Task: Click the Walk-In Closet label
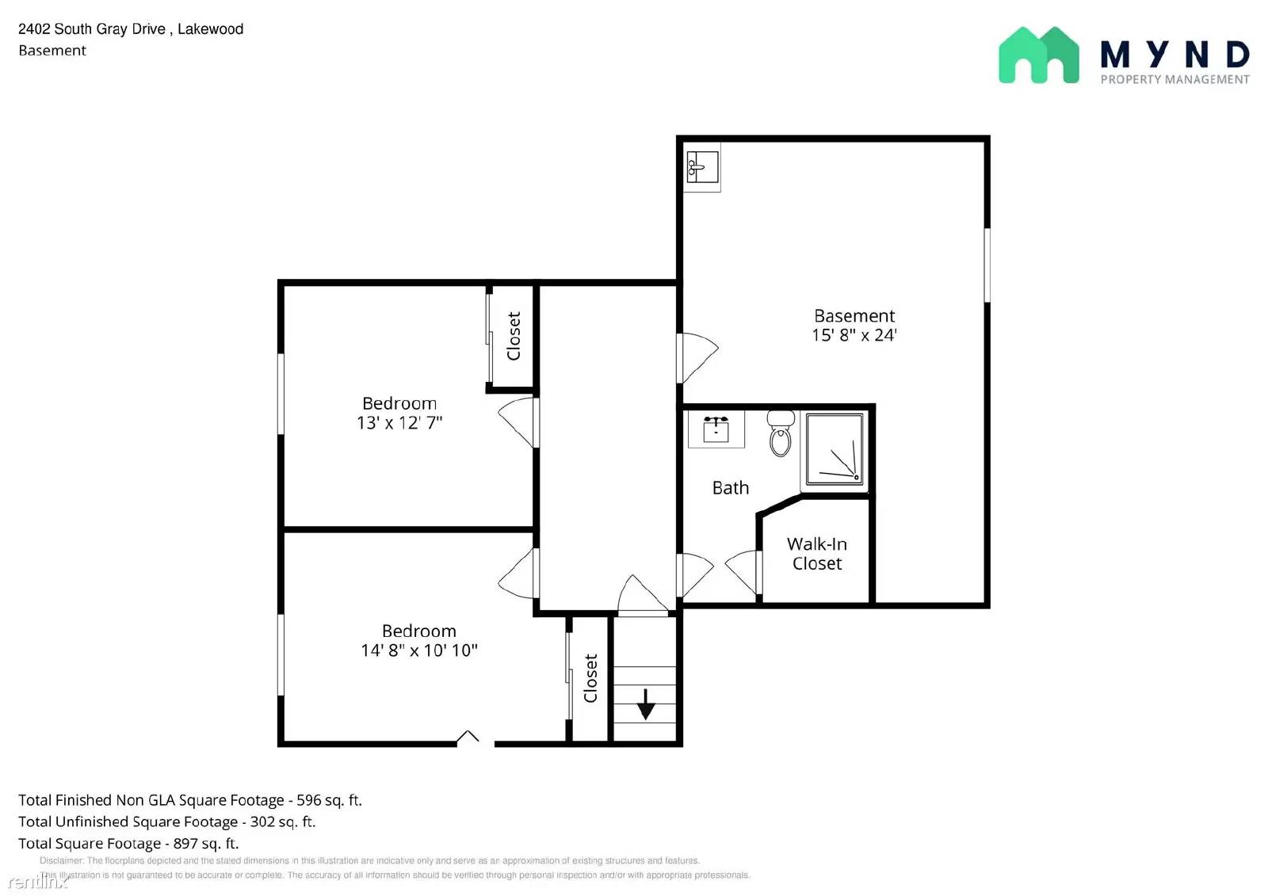coord(817,554)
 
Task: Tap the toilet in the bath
coord(781,433)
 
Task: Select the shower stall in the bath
coord(835,449)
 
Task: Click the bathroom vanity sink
coord(716,429)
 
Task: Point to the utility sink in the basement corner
coord(702,167)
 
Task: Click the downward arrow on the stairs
coord(646,703)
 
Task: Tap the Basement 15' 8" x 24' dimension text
coord(854,335)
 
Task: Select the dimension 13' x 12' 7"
coord(399,422)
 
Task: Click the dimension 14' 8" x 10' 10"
coord(418,650)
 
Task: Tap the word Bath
coord(730,488)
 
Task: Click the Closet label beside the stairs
coord(590,678)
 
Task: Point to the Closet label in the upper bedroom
coord(514,336)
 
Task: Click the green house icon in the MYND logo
coord(1038,55)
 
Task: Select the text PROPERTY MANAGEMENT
coord(1174,79)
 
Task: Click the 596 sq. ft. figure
coord(329,800)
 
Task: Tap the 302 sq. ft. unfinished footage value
coord(283,822)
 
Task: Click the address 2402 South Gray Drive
coord(92,29)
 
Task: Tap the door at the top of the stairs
coord(643,596)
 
